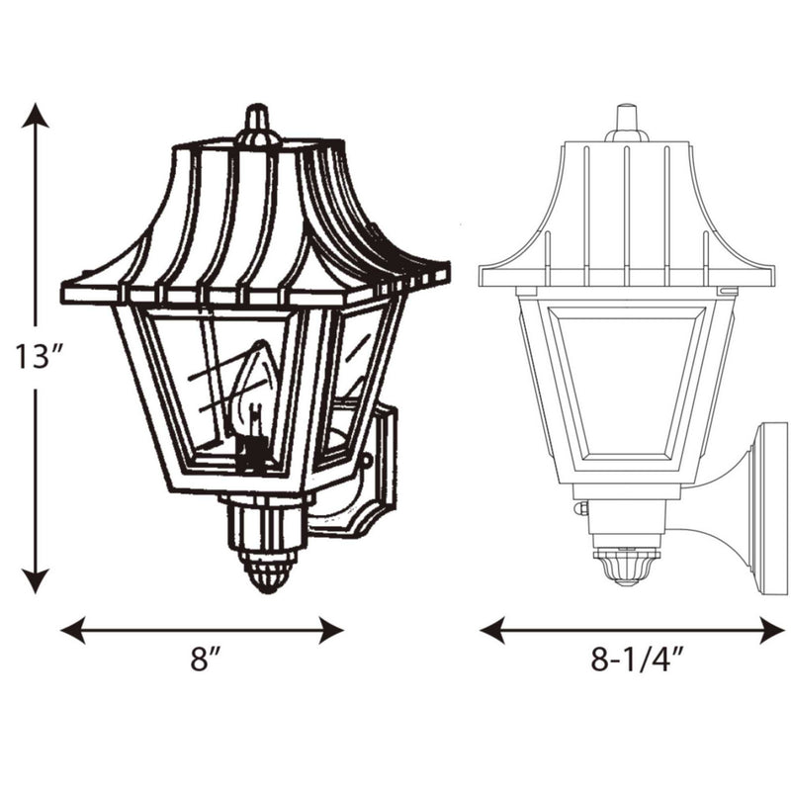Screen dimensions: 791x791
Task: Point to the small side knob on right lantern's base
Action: click(x=582, y=508)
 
